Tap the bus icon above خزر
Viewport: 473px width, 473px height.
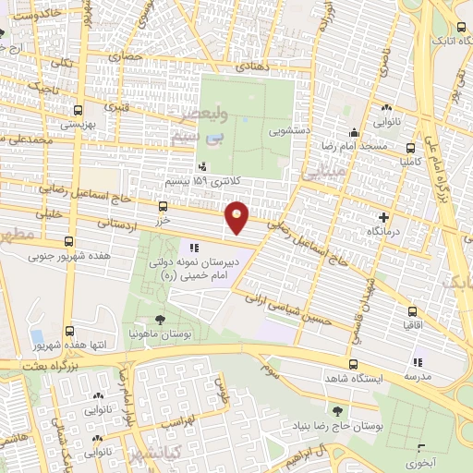tap(164, 207)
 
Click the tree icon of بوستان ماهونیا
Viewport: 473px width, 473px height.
tap(160, 319)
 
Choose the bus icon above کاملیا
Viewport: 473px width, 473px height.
tap(410, 148)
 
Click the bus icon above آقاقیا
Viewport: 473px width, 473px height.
tap(410, 311)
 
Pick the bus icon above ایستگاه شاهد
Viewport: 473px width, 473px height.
tap(354, 364)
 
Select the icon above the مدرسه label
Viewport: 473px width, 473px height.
tap(417, 363)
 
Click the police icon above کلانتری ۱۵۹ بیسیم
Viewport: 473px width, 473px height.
tap(202, 166)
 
